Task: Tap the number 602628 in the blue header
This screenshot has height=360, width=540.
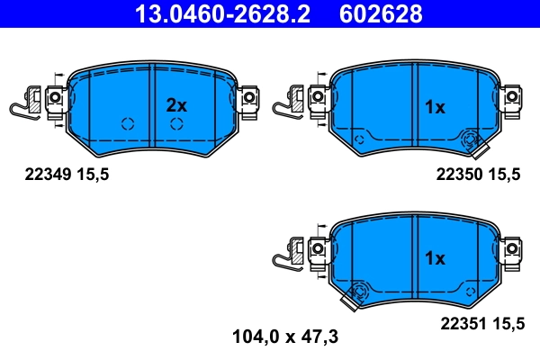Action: coord(378,14)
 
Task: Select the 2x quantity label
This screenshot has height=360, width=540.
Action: coord(176,105)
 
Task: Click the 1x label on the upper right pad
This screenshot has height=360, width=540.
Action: coord(435,107)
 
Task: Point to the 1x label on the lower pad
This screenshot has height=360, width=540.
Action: coord(435,258)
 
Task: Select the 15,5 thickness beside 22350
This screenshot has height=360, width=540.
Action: coord(506,176)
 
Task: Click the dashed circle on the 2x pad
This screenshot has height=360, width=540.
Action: coord(126,124)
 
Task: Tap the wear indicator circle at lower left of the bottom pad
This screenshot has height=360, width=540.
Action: coord(360,290)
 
